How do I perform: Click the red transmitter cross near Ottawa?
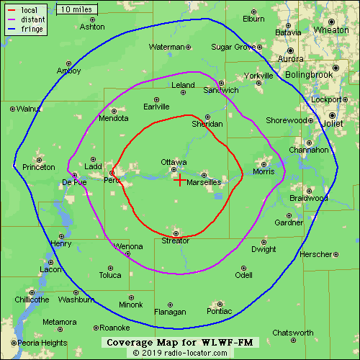180,180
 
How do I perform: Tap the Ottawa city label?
174,162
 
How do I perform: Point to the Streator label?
176,240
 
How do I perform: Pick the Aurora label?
290,59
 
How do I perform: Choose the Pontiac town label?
219,312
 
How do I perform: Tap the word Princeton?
39,167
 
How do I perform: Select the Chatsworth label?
293,333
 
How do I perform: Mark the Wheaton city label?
331,30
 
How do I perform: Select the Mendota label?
113,118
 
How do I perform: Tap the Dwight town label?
264,249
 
